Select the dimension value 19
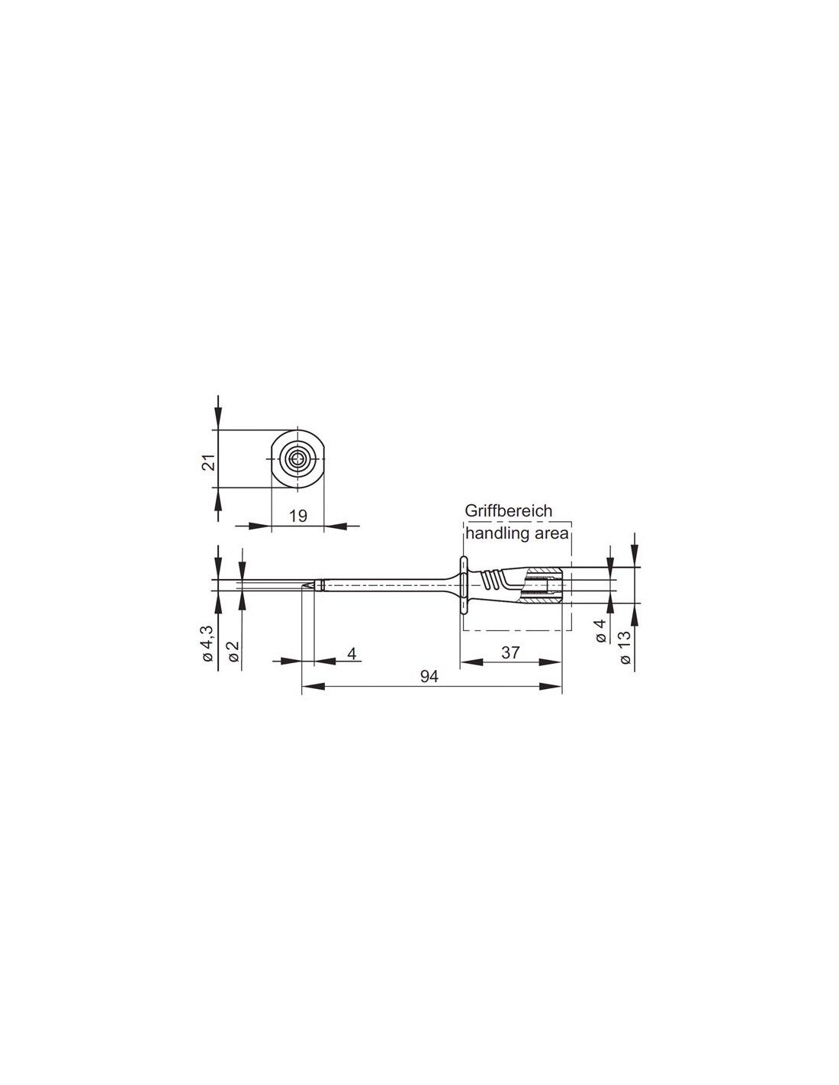[x=298, y=515]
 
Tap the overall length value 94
[x=429, y=677]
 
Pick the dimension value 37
[x=510, y=652]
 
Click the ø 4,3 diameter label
[x=207, y=644]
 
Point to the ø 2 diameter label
[x=233, y=651]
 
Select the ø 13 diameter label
[x=626, y=647]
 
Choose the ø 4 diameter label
[x=600, y=631]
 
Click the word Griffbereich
[x=509, y=510]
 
